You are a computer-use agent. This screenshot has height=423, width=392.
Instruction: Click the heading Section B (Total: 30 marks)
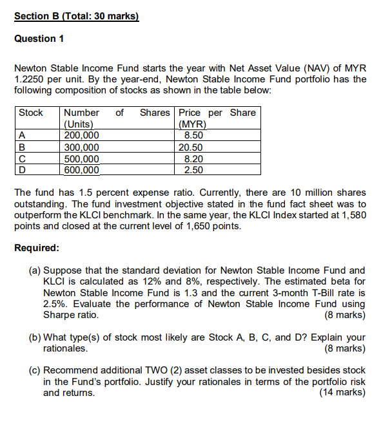coord(76,16)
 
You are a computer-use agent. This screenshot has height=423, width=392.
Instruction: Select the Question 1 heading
coord(39,39)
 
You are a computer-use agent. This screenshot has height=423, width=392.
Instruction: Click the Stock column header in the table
coord(31,113)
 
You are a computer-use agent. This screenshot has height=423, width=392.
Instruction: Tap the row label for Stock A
coord(22,135)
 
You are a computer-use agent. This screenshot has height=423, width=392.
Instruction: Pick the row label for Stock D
coord(23,170)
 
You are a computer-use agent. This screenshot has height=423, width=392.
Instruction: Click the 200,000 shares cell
coord(82,135)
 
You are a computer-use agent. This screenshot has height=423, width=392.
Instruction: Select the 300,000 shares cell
coord(82,147)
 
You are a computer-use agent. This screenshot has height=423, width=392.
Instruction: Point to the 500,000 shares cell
coord(82,158)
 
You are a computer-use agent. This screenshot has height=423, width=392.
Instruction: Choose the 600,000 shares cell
coord(82,170)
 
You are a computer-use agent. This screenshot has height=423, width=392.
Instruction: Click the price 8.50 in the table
coord(193,135)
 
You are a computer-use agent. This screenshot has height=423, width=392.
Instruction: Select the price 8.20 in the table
coord(193,158)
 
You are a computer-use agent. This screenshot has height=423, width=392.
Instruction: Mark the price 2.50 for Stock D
coord(193,170)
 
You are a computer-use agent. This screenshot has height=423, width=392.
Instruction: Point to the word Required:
coord(36,248)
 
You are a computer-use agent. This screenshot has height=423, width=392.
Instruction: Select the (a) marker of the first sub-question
coord(35,270)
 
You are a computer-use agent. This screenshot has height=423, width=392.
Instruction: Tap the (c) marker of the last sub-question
coord(35,370)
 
